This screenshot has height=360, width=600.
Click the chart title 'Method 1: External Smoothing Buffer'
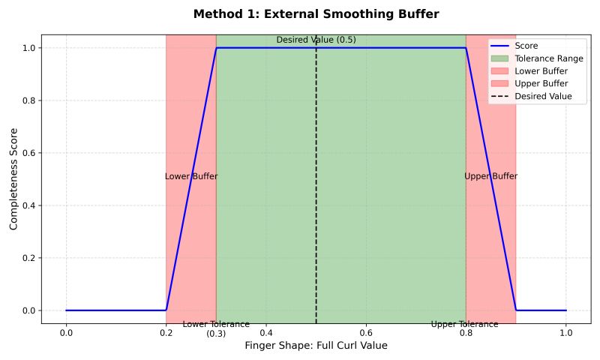pyautogui.click(x=316, y=13)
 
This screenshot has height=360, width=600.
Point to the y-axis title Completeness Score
pyautogui.click(x=13, y=178)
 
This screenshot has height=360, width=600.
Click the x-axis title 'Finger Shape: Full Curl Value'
pyautogui.click(x=316, y=346)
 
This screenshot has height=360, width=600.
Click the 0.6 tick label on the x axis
pyautogui.click(x=366, y=331)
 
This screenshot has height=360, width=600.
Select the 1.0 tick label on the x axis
pyautogui.click(x=565, y=331)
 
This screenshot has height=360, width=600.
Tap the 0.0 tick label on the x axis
pyautogui.click(x=66, y=331)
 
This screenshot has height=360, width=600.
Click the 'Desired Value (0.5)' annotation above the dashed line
pyautogui.click(x=316, y=40)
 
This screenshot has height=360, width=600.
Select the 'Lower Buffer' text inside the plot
pyautogui.click(x=191, y=176)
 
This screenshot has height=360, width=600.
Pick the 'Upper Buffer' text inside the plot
pyautogui.click(x=490, y=176)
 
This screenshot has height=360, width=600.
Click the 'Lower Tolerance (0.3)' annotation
pyautogui.click(x=216, y=328)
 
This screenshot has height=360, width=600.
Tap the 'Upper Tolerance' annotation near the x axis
pyautogui.click(x=464, y=324)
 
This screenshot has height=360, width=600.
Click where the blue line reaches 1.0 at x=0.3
pyautogui.click(x=216, y=48)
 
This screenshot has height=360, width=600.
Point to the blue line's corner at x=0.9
pyautogui.click(x=516, y=310)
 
